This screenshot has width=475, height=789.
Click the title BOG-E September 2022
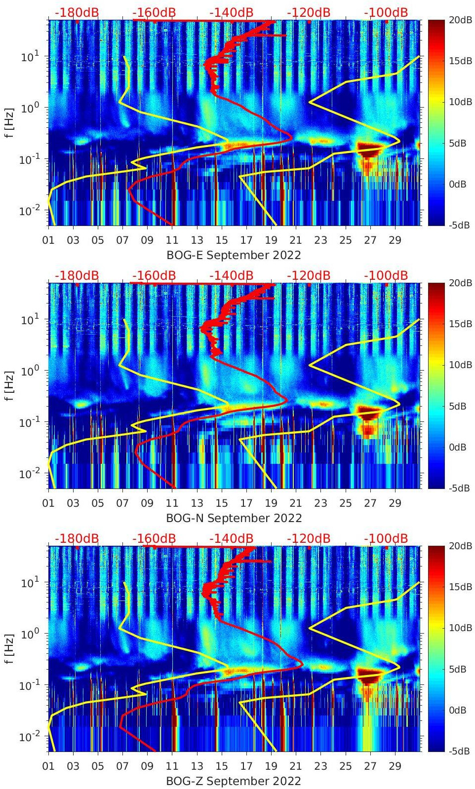tap(234, 255)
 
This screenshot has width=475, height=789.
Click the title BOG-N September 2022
tap(234, 518)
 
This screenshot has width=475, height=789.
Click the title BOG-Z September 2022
tap(234, 781)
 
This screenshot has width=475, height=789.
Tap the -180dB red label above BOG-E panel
tap(77, 12)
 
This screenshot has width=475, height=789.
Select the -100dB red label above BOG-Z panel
tap(386, 538)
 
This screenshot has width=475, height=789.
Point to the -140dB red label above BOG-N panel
tap(231, 275)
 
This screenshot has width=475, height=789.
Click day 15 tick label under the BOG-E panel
tap(222, 240)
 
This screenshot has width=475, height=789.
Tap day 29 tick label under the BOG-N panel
tap(395, 503)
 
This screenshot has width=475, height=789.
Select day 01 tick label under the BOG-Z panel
tap(48, 766)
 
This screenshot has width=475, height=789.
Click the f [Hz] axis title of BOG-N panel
tap(9, 385)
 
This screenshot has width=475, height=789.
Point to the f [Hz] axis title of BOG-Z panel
tap(9, 648)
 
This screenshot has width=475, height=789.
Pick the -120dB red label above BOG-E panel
tap(309, 12)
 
